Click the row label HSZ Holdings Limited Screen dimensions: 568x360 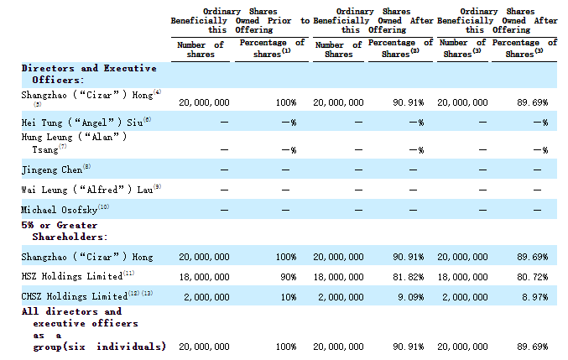(71, 276)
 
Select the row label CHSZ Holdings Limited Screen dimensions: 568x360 (75, 296)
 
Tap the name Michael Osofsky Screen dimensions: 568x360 (59, 210)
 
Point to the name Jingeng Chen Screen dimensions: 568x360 (52, 170)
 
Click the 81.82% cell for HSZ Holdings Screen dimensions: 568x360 (409, 277)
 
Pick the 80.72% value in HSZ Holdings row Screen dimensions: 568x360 (533, 277)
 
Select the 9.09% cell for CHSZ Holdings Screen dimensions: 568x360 (411, 297)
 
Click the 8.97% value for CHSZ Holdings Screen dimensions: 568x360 (535, 297)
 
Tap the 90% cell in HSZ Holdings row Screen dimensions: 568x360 (289, 277)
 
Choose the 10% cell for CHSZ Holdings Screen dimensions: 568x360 (289, 297)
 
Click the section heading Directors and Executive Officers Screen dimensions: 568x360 (89, 74)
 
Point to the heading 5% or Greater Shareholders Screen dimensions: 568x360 (64, 231)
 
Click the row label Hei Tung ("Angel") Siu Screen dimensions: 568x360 (82, 123)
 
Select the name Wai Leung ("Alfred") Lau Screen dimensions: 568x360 (87, 190)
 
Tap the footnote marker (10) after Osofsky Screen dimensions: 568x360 (103, 206)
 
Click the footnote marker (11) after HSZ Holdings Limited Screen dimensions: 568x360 (128, 273)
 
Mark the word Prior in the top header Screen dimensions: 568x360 (279, 21)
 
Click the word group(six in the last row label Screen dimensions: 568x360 (60, 347)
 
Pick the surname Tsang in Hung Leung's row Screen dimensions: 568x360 (45, 149)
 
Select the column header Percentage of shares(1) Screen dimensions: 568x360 (272, 48)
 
